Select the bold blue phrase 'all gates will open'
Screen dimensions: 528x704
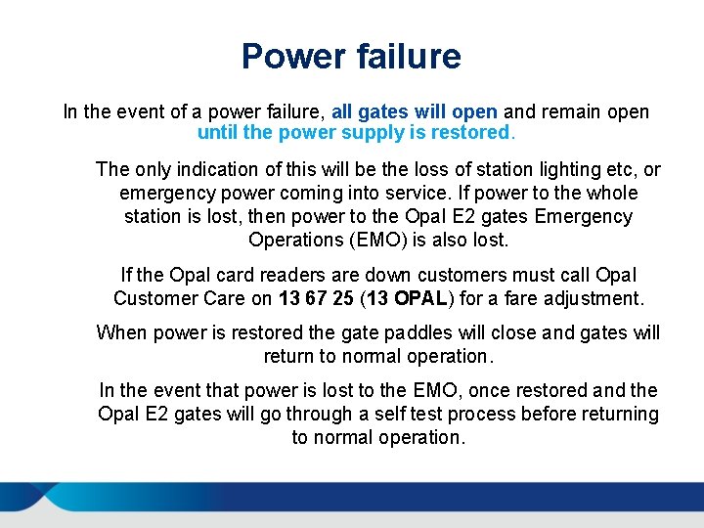point(415,111)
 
